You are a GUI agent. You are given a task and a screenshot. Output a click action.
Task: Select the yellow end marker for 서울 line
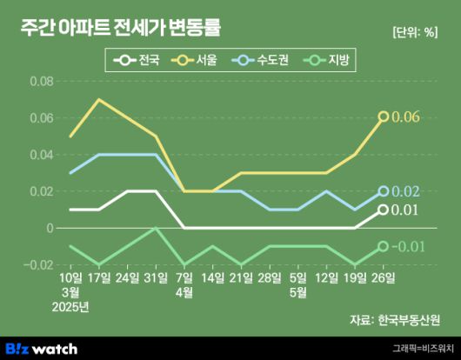coord(383,117)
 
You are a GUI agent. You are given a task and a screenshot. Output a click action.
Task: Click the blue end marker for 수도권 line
coord(383,191)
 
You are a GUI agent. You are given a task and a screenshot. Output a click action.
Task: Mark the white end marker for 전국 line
coord(383,210)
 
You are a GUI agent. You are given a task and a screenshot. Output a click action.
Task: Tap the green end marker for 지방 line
coord(383,246)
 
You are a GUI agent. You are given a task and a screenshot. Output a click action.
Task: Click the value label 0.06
coord(406,117)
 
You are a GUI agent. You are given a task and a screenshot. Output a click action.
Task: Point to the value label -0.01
coord(406,247)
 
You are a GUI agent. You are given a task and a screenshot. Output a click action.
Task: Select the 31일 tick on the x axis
coord(156,278)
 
